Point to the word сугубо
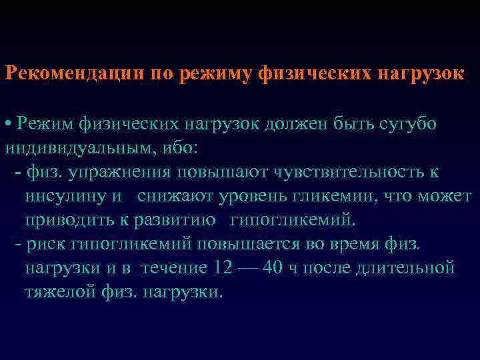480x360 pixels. pyautogui.click(x=407, y=123)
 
